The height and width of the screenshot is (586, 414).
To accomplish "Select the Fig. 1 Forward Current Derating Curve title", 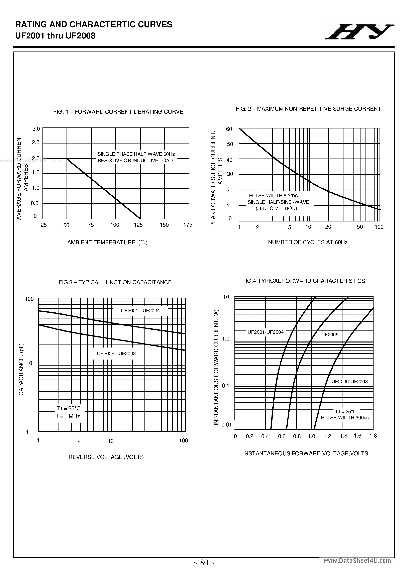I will pyautogui.click(x=118, y=112).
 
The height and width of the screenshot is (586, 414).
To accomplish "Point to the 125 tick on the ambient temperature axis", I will pyautogui.click(x=138, y=225).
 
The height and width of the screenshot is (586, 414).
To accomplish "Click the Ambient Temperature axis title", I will pyautogui.click(x=107, y=242).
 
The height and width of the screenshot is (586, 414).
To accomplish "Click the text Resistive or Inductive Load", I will pyautogui.click(x=135, y=161).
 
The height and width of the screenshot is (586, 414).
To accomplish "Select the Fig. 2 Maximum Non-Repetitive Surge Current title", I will pyautogui.click(x=308, y=109).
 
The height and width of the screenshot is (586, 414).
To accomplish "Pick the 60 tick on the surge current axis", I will pyautogui.click(x=229, y=129).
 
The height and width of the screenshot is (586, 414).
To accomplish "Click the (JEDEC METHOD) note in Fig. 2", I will pyautogui.click(x=276, y=208).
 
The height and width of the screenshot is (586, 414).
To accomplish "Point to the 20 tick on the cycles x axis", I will pyautogui.click(x=328, y=227).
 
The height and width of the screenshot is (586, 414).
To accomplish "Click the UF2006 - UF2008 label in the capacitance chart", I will pyautogui.click(x=116, y=354).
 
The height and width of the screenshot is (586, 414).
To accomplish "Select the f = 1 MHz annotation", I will pyautogui.click(x=68, y=416).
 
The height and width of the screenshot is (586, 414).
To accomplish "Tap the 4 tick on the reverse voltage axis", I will pyautogui.click(x=79, y=441).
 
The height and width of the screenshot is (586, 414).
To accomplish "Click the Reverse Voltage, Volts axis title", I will pyautogui.click(x=106, y=457).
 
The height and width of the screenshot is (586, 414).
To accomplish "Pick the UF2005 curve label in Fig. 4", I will pyautogui.click(x=329, y=335).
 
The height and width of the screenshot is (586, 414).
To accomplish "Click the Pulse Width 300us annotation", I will pyautogui.click(x=345, y=418).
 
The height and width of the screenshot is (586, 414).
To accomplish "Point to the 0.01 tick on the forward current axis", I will pyautogui.click(x=226, y=425).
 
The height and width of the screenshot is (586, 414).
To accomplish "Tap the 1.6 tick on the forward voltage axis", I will pyautogui.click(x=357, y=436).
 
